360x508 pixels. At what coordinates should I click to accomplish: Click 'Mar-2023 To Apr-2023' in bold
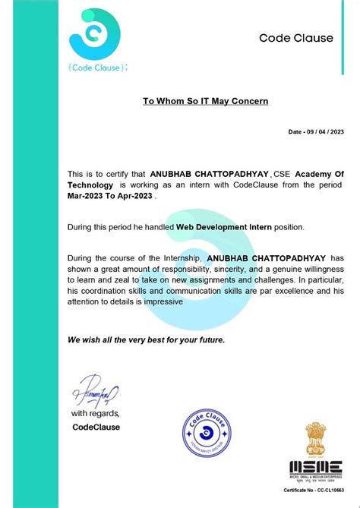(x=111, y=195)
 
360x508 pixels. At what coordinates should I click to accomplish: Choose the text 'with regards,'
(x=95, y=414)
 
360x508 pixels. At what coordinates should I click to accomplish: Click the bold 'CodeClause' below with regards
(x=96, y=427)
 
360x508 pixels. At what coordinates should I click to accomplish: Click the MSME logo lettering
(x=314, y=466)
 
